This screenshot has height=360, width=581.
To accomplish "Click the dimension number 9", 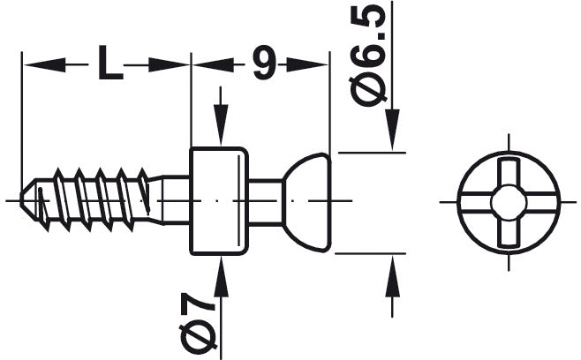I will point(262,64).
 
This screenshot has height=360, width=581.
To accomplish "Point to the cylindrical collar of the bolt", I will point(218,200).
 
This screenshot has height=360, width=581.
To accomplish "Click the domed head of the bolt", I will point(308,200).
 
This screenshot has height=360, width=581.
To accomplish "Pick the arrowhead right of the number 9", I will point(309,64).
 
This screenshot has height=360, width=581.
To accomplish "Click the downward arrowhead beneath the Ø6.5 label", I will point(392,129).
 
